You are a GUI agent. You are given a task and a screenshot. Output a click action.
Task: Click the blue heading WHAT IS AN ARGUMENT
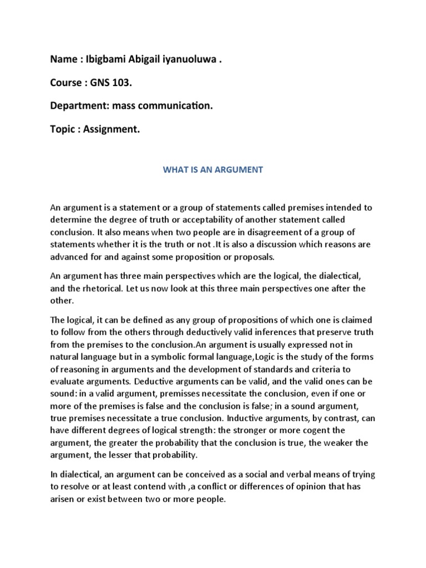point(213,170)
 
